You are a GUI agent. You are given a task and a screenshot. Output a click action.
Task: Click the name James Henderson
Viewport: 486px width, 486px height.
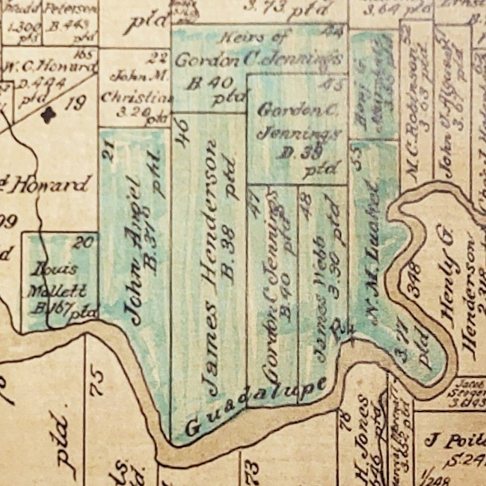pyautogui.click(x=211, y=267)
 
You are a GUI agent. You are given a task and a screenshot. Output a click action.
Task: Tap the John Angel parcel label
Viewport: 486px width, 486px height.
pyautogui.click(x=136, y=250)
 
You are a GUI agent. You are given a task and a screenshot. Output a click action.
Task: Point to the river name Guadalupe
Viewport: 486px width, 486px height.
pyautogui.click(x=257, y=406)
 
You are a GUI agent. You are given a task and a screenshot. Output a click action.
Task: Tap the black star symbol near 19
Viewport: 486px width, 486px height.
pyautogui.click(x=49, y=115)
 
